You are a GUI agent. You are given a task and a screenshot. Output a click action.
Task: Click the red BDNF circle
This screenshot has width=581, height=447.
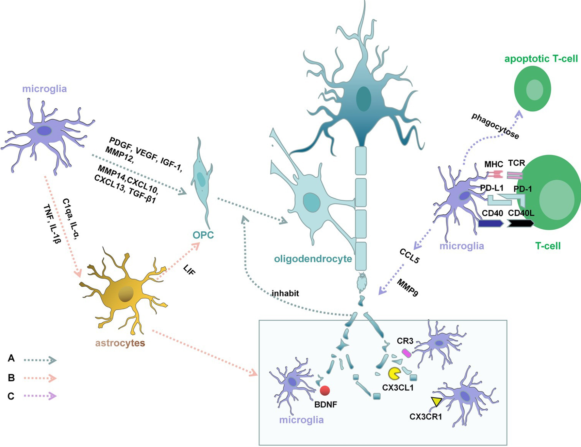(x=325, y=391)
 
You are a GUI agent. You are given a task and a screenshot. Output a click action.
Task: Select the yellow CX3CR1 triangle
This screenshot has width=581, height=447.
(x=436, y=401)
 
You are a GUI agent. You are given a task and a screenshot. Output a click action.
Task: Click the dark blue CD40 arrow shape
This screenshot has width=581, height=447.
(x=490, y=224)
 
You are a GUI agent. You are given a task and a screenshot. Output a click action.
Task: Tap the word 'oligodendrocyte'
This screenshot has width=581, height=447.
(x=313, y=259)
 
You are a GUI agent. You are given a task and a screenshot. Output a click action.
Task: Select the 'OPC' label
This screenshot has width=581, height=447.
(x=203, y=235)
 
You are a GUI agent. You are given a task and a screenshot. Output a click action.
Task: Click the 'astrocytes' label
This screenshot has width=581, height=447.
(x=120, y=343)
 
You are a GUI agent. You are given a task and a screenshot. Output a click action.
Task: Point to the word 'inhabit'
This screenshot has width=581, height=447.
(x=285, y=293)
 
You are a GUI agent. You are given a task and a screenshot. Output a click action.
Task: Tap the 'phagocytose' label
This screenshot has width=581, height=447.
(x=495, y=126)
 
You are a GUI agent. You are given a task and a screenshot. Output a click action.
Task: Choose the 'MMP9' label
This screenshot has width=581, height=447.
(x=407, y=287)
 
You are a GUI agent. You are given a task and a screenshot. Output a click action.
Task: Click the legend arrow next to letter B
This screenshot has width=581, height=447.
(x=40, y=378)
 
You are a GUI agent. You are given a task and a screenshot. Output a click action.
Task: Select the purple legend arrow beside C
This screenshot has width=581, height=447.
(x=40, y=396)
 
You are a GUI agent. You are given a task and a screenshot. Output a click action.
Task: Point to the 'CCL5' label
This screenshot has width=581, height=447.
(x=409, y=256)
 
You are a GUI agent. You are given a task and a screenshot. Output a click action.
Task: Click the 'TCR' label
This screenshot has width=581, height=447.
(x=516, y=163)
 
